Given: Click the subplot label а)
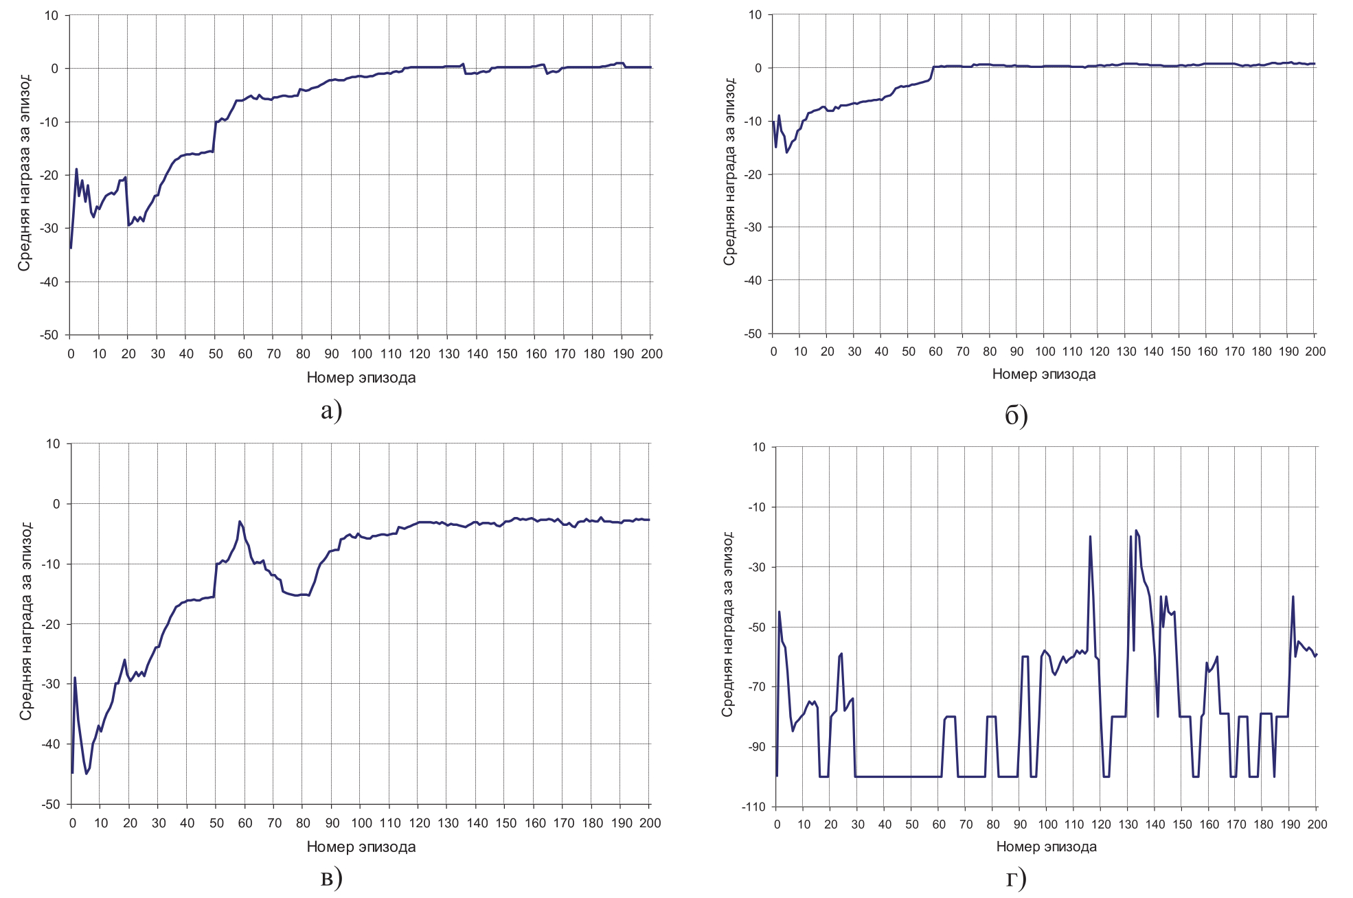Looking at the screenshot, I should [x=331, y=411].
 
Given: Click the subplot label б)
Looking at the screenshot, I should [x=1016, y=415].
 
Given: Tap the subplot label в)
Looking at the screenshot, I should [x=331, y=878].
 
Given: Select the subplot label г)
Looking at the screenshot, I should [x=1016, y=878].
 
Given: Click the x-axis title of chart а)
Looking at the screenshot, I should [x=361, y=378].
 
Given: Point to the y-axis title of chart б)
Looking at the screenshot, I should [x=729, y=172].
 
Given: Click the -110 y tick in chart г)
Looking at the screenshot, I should [x=753, y=807].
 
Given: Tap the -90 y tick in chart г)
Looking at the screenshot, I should [x=755, y=747].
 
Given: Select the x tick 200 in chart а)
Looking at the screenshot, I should [x=651, y=354].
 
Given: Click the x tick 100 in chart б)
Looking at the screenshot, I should [x=1045, y=352].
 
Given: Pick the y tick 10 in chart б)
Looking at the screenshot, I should [x=755, y=15].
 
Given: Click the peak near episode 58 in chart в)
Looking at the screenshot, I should [x=240, y=522].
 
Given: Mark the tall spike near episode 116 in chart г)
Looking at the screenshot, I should [x=1090, y=537].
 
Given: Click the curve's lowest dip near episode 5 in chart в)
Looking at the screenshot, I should [x=87, y=774].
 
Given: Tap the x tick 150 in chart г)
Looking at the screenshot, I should [x=1182, y=824].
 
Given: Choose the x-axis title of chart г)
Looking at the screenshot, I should [x=1046, y=847].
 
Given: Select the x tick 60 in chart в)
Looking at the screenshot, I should [x=245, y=823].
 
